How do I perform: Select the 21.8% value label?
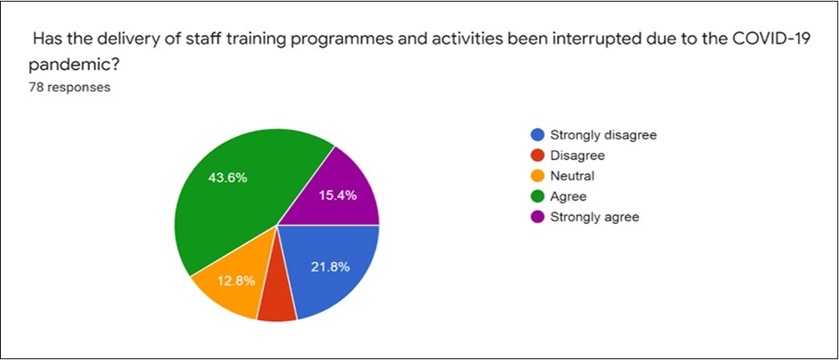click(x=330, y=267)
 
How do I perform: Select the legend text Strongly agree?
click(x=593, y=217)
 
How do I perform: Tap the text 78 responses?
click(x=68, y=87)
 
